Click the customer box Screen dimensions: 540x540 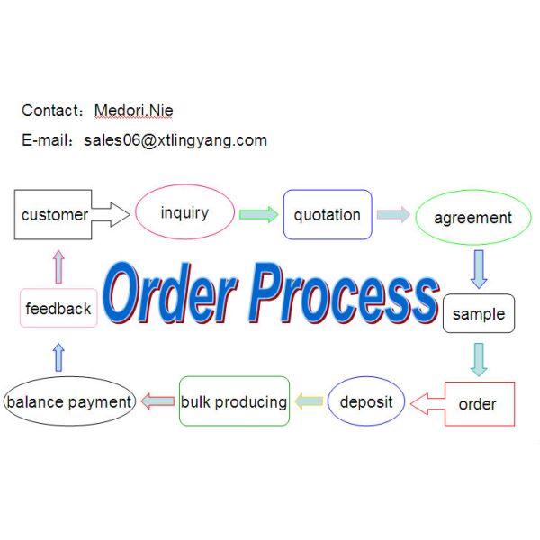tap(54, 214)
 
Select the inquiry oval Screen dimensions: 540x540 tap(184, 213)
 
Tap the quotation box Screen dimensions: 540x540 tap(328, 215)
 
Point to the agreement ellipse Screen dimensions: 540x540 tap(472, 218)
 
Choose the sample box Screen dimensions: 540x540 tap(479, 314)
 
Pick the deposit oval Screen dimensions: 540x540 tap(366, 401)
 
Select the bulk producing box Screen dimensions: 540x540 tap(234, 401)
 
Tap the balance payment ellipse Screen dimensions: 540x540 tap(69, 401)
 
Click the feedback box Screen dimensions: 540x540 tap(58, 309)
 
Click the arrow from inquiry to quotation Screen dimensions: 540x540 tap(258, 214)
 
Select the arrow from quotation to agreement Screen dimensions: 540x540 tap(393, 214)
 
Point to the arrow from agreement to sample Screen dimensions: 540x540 tap(479, 268)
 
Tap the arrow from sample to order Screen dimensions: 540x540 tap(479, 358)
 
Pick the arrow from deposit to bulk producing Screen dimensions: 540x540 tap(310, 401)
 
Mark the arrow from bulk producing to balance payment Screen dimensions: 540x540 tap(158, 401)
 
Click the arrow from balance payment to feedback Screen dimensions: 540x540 tap(59, 356)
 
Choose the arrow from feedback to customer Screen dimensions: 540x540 tap(59, 266)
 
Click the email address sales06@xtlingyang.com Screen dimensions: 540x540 tap(175, 140)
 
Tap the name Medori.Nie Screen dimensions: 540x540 tap(134, 111)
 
